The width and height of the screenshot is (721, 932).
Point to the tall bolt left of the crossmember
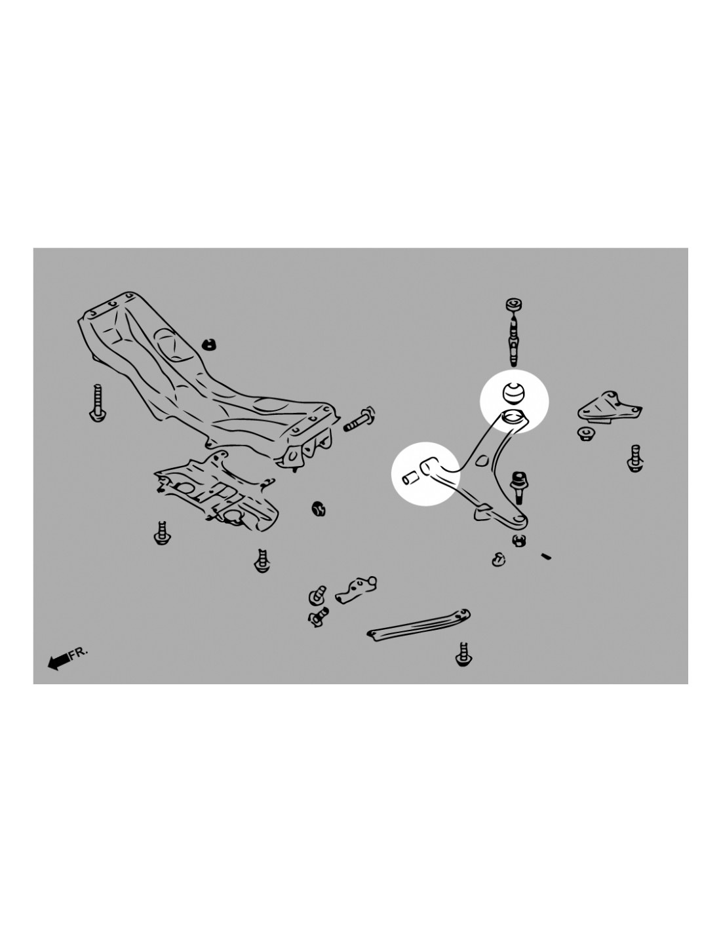click(98, 402)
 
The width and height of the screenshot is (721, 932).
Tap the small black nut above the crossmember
click(208, 343)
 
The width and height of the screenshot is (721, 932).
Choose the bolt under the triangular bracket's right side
click(634, 458)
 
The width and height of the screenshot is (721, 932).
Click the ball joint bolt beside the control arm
click(518, 487)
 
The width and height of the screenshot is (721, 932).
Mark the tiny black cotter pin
click(546, 556)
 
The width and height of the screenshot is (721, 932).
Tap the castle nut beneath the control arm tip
click(519, 541)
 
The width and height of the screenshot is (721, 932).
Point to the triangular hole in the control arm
click(482, 459)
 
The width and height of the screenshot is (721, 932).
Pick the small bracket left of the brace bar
click(355, 590)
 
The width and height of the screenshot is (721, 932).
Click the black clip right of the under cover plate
click(319, 508)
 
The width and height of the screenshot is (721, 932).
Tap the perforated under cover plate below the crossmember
click(216, 494)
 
